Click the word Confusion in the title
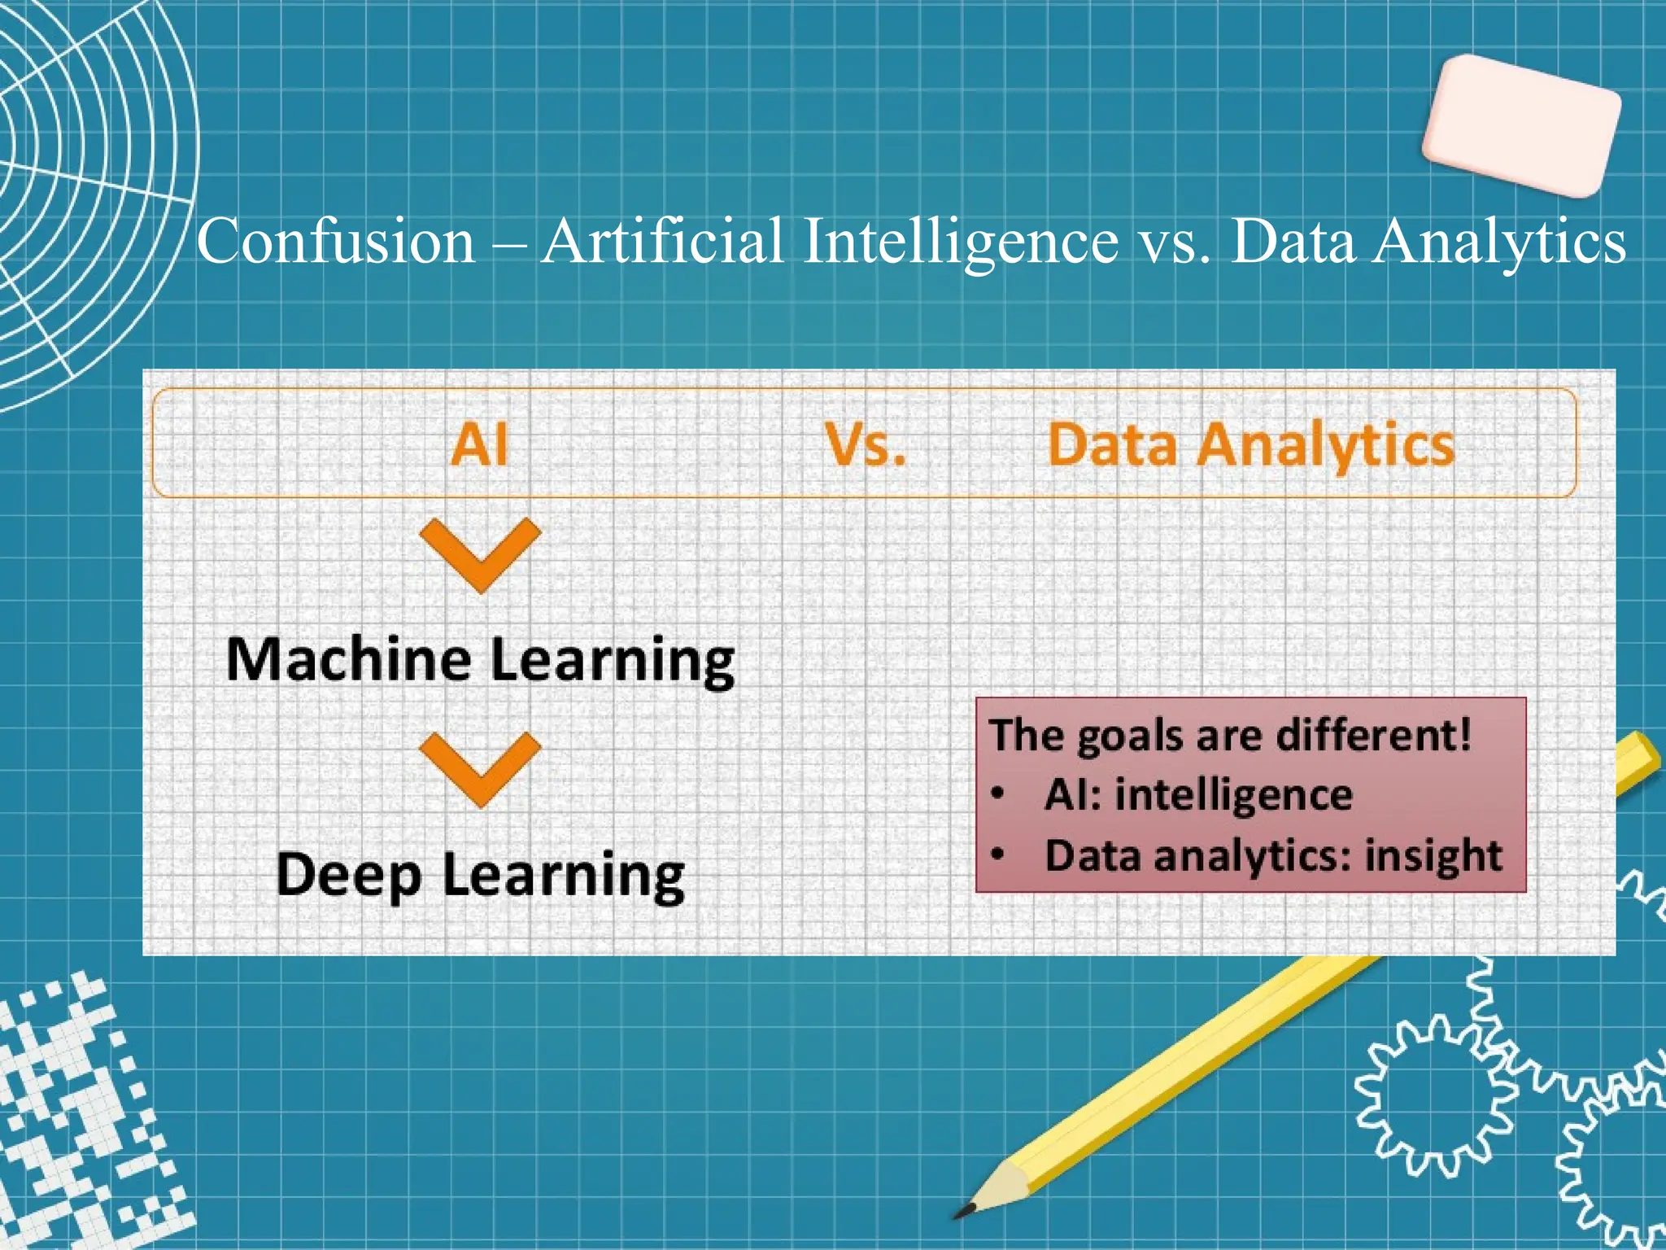pyautogui.click(x=336, y=241)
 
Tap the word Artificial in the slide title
pyautogui.click(x=663, y=241)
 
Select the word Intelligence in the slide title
pyautogui.click(x=960, y=243)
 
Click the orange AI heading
pyautogui.click(x=480, y=445)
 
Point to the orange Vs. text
pyautogui.click(x=865, y=445)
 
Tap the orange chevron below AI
pyautogui.click(x=480, y=553)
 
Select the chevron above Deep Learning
pyautogui.click(x=480, y=768)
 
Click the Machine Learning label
pyautogui.click(x=481, y=660)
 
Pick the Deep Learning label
pyautogui.click(x=481, y=876)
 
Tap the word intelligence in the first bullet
pyautogui.click(x=1233, y=795)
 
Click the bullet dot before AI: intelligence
pyautogui.click(x=1000, y=793)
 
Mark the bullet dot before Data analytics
pyautogui.click(x=1000, y=854)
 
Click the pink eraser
pyautogui.click(x=1521, y=126)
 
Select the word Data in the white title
pyautogui.click(x=1293, y=241)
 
